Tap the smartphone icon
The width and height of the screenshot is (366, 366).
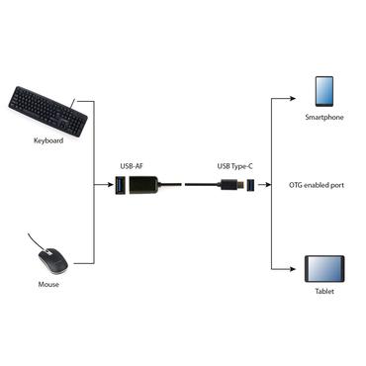[x=326, y=92]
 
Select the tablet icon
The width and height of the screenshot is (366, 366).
[x=326, y=269]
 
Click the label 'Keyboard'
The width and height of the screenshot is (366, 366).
[x=46, y=141]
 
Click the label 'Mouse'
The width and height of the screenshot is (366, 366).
[x=47, y=285]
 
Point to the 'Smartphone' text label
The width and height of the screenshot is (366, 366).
[x=325, y=118]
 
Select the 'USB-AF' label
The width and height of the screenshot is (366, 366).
[x=132, y=166]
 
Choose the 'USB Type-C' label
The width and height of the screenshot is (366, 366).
[x=234, y=166]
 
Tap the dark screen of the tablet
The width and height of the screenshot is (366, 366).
[x=326, y=269]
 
